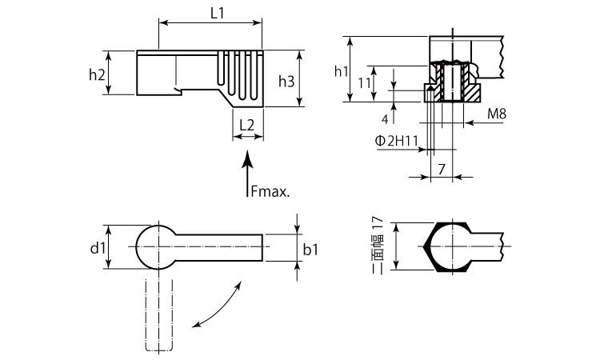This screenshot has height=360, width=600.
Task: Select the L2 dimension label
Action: pyautogui.click(x=247, y=125)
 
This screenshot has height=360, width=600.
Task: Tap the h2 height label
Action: pyautogui.click(x=97, y=74)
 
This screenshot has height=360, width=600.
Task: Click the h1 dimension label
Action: pyautogui.click(x=341, y=71)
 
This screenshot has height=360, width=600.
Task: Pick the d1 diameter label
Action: pyautogui.click(x=98, y=249)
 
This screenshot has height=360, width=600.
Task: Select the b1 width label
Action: pyautogui.click(x=311, y=250)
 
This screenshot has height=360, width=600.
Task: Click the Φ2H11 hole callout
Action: pyautogui.click(x=398, y=141)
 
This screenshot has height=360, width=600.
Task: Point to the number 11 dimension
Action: pyautogui.click(x=364, y=83)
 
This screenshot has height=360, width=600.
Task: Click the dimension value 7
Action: pyautogui.click(x=441, y=169)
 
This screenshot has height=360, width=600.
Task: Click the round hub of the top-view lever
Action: pyautogui.click(x=156, y=247)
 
